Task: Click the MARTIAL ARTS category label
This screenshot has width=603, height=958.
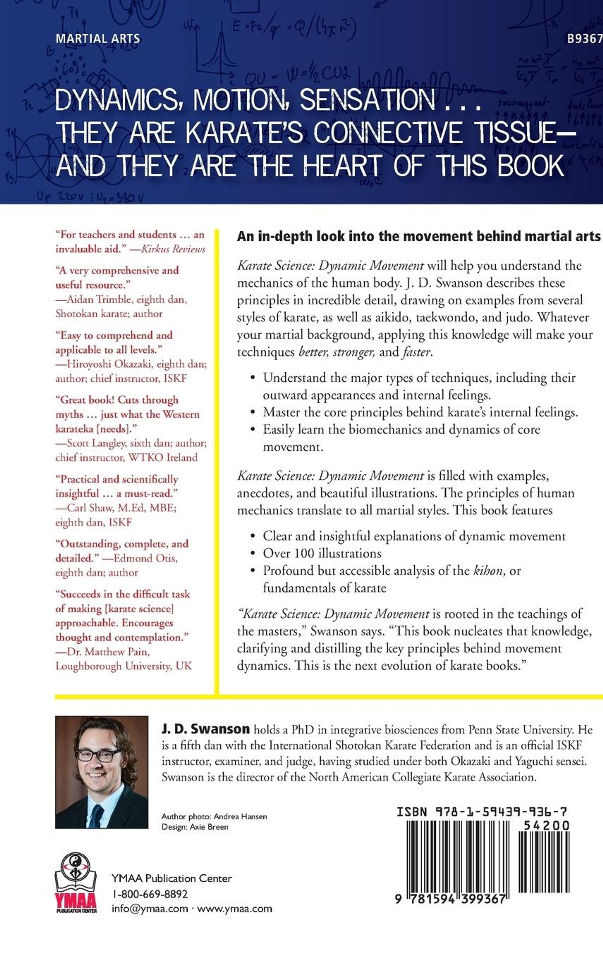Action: (97, 39)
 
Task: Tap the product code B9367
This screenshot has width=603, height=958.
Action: (584, 39)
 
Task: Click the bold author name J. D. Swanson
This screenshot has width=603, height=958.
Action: (206, 729)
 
